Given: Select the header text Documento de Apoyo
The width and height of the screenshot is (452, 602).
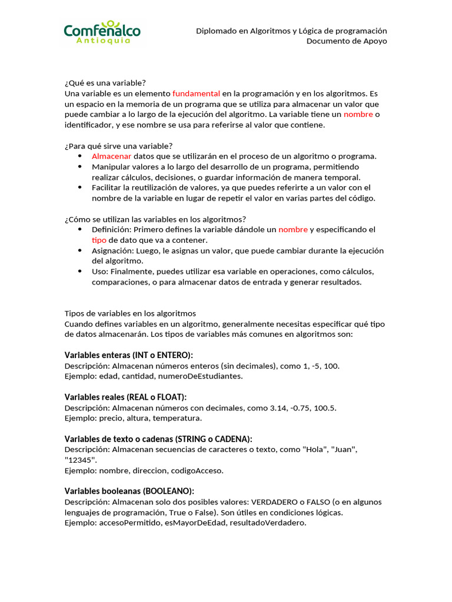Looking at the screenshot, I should pos(347,41).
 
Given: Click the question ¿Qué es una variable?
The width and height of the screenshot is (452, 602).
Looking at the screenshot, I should pos(105,83).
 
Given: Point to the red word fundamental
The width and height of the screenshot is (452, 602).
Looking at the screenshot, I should pos(196,93).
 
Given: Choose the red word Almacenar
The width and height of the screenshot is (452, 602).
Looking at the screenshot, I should pos(111,156).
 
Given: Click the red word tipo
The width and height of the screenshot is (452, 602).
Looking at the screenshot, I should pos(99,240).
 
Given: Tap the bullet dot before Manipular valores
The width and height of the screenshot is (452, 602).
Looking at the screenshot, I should pos(80,167).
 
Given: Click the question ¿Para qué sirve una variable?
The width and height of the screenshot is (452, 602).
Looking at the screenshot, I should pos(118,146).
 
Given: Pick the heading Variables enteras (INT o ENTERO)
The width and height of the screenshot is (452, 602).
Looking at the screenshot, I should pos(128,355).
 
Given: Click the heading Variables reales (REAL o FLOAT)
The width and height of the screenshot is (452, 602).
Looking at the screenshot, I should pos(125,397).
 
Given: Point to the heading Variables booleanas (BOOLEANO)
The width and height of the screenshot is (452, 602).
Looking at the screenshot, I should pos(129,491).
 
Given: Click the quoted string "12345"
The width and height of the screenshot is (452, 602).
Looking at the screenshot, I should pos(79,460).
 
